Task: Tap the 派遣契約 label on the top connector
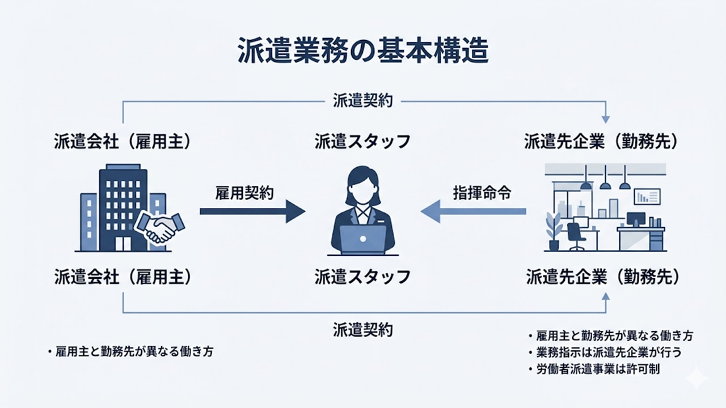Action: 363,102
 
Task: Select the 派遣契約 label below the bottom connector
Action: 363,329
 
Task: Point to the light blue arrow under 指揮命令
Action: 474,211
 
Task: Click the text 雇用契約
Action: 244,193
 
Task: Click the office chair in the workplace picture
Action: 575,235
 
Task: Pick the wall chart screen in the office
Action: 647,196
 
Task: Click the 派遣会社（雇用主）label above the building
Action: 123,141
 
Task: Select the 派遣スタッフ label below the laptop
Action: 363,277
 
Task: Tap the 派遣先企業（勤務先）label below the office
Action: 602,277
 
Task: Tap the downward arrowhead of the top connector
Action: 605,120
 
